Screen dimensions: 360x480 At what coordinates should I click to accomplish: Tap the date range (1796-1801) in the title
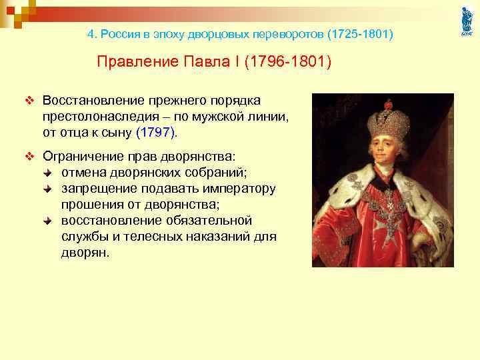[287, 62]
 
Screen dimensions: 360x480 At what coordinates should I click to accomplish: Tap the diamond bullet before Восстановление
[28, 101]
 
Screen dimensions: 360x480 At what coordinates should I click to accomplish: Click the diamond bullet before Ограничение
[28, 157]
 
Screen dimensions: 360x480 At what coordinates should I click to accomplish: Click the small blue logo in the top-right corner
[466, 21]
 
